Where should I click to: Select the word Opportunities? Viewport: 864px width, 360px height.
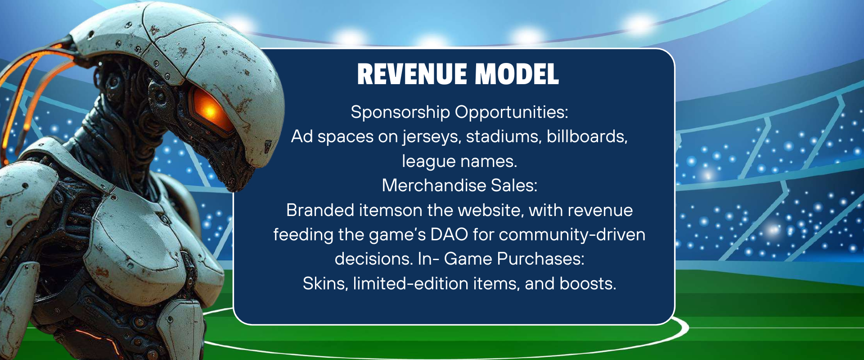click(512, 112)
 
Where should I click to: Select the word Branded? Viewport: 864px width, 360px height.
click(321, 210)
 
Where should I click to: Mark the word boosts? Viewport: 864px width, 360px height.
click(588, 283)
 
